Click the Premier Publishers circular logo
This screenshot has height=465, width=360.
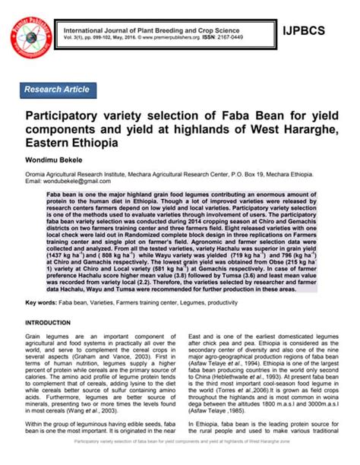coord(29,27)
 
